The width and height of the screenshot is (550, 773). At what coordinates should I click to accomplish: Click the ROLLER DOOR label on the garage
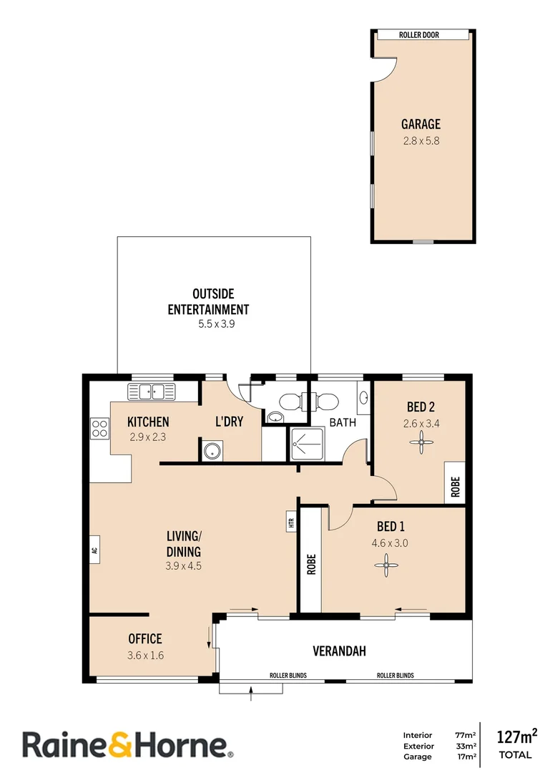(x=421, y=34)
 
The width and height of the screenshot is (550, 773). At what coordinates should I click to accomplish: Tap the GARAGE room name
(x=421, y=124)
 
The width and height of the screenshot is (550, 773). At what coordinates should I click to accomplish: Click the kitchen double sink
(x=151, y=391)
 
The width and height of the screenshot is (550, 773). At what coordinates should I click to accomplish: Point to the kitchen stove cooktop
(x=99, y=429)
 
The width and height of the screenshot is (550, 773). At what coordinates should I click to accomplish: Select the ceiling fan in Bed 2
(x=421, y=444)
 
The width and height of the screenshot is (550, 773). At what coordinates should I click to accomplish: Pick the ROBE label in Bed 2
(x=455, y=485)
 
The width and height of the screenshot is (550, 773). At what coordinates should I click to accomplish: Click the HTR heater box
(x=291, y=523)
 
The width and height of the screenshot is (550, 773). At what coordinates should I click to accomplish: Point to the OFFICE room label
(x=145, y=638)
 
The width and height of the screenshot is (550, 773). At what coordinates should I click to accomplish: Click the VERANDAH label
(x=339, y=651)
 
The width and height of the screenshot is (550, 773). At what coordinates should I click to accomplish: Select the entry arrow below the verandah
(x=251, y=689)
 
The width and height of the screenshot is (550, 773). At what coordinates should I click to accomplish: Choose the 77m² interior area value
(x=466, y=735)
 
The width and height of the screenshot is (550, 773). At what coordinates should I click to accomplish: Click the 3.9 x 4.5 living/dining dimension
(x=184, y=565)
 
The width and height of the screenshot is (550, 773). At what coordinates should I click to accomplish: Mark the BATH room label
(x=343, y=422)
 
